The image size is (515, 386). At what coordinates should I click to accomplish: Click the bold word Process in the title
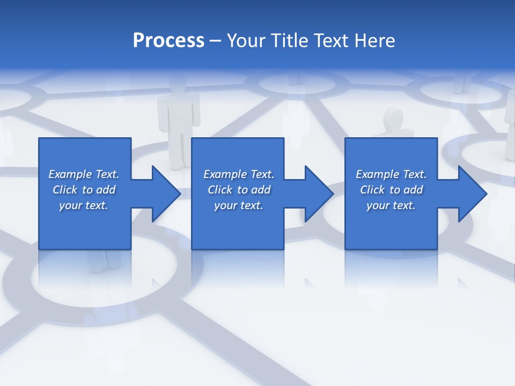click(x=168, y=41)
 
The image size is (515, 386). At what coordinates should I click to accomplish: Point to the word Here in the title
click(x=374, y=41)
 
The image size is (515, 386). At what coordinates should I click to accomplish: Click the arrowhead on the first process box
click(x=164, y=194)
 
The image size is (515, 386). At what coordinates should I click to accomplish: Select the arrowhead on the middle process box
click(x=317, y=194)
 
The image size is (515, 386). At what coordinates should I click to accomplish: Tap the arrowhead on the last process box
click(x=470, y=194)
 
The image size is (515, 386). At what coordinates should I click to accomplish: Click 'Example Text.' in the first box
click(x=84, y=174)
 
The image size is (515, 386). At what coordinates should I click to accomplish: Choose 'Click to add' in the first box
click(x=84, y=190)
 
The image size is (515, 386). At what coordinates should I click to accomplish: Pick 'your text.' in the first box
click(x=84, y=205)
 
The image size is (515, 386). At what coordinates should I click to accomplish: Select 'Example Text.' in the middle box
click(x=238, y=174)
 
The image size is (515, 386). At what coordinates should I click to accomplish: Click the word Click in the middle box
click(x=219, y=190)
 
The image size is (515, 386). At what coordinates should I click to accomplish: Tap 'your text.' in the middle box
click(x=238, y=205)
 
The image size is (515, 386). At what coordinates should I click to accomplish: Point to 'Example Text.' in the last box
click(x=391, y=174)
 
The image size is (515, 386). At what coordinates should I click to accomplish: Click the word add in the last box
click(x=413, y=190)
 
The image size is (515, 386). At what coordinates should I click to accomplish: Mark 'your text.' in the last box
click(x=391, y=205)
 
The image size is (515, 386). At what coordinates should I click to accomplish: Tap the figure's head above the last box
click(x=393, y=118)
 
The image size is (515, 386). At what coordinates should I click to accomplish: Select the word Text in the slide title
click(x=332, y=41)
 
